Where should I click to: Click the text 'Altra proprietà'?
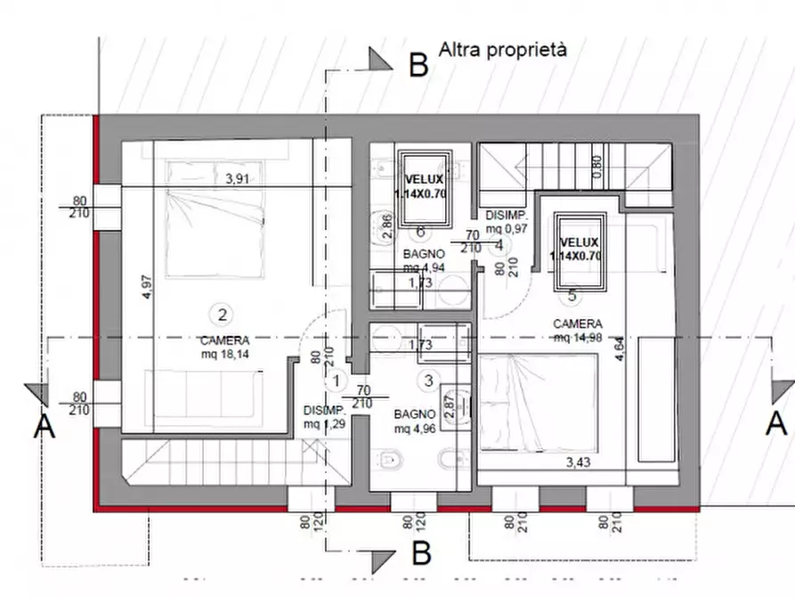click(502, 49)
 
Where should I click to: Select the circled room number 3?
click(428, 381)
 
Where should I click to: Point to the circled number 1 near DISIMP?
click(336, 381)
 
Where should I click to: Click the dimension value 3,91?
click(239, 178)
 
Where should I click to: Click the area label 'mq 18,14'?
click(224, 354)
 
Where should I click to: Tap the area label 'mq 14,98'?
click(578, 337)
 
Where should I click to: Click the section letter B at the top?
click(418, 65)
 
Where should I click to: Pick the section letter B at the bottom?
click(421, 553)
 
